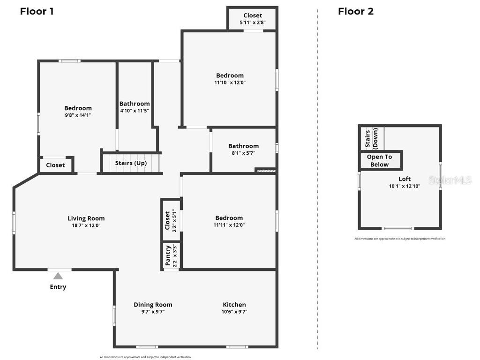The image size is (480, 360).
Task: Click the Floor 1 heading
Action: click(37, 11)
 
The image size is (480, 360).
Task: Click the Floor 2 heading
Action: click(356, 11)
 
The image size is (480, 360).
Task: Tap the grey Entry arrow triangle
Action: click(58, 276)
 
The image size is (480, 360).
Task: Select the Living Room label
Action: click(86, 218)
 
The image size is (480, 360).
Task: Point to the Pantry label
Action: click(168, 256)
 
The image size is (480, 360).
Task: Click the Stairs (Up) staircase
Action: click(131, 163)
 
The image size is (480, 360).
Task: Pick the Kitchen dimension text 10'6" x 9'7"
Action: click(234, 312)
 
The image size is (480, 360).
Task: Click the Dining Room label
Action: click(153, 305)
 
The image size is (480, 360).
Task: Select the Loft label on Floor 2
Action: click(405, 179)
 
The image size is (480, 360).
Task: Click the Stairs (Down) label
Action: click(372, 138)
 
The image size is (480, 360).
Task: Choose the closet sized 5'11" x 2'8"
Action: click(253, 18)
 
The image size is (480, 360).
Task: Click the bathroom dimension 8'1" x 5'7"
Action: click(243, 153)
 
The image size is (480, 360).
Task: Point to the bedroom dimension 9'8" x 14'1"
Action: click(78, 115)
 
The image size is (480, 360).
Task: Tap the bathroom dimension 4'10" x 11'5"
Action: click(135, 111)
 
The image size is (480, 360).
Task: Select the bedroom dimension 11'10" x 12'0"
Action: click(230, 82)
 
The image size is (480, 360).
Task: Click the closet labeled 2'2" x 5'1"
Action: click(171, 220)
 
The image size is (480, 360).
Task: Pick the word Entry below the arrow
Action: click(58, 287)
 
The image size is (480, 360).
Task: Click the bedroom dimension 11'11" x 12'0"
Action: click(229, 225)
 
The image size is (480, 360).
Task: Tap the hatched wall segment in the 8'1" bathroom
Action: click(265, 171)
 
